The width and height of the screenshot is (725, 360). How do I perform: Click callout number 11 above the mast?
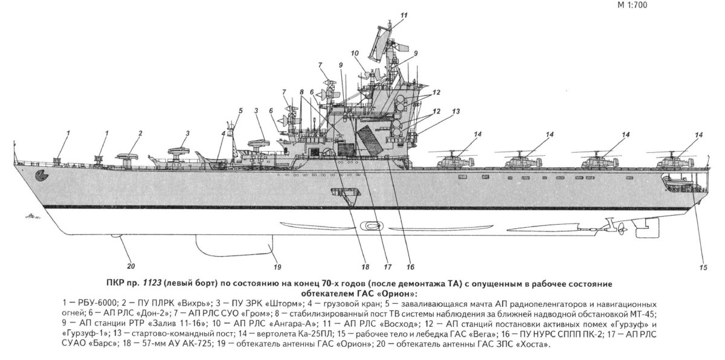click(404, 14)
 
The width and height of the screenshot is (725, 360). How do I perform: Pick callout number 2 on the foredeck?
click(140, 133)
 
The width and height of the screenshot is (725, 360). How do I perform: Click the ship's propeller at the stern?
click(619, 228)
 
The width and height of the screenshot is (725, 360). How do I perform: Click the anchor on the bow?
click(42, 176)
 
